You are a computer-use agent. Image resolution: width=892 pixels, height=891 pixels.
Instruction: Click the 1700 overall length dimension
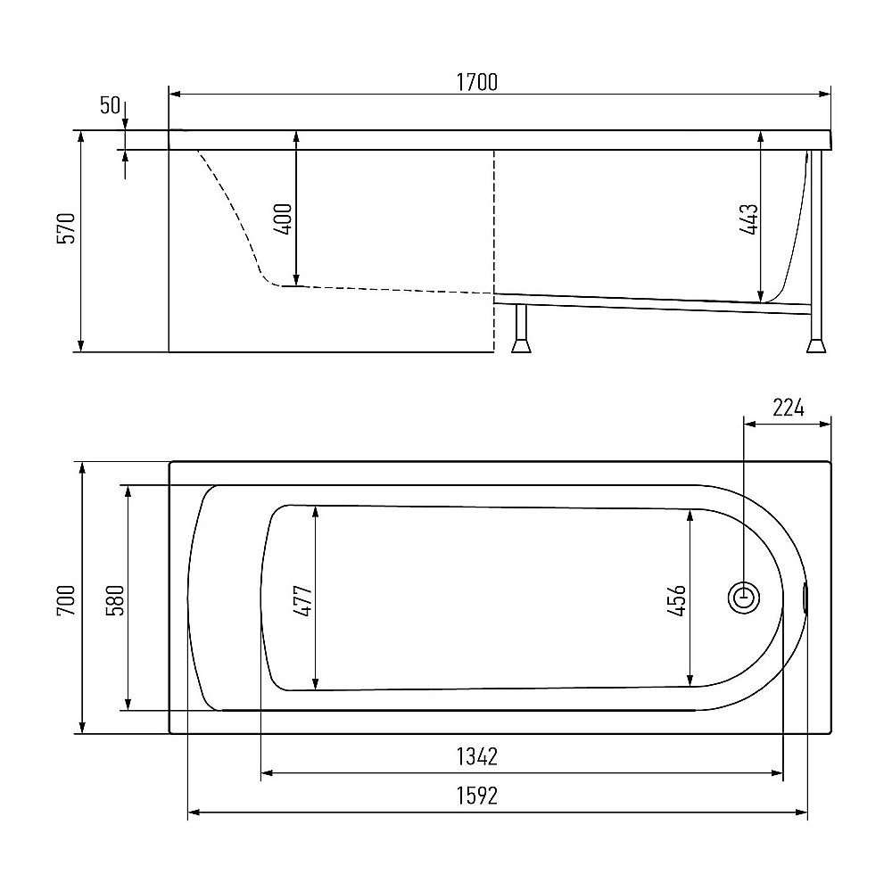point(476,82)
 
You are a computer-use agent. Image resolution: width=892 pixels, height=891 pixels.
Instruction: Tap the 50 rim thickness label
point(111,105)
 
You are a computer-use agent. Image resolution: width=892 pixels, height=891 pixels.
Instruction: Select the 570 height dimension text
point(66,228)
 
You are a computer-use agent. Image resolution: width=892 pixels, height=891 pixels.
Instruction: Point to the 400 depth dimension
point(283,219)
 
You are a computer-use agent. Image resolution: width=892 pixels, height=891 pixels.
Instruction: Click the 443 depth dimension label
point(748,219)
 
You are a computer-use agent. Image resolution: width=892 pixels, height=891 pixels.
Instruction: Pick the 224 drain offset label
point(789,408)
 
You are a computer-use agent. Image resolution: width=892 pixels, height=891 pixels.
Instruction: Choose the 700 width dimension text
point(66,599)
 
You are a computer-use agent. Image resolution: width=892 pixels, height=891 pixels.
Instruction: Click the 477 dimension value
point(302,601)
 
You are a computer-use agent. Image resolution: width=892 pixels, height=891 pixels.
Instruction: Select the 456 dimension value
point(676,600)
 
